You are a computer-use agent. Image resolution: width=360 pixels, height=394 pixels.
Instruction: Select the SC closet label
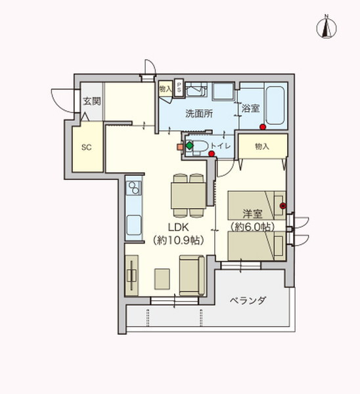click(x=86, y=147)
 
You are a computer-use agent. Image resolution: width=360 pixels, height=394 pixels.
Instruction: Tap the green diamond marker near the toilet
click(x=189, y=145)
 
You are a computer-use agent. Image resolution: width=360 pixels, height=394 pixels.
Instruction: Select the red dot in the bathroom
click(x=262, y=127)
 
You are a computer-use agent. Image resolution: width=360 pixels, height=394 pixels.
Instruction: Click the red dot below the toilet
click(x=212, y=154)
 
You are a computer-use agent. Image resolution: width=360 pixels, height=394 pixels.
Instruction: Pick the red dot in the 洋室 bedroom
click(x=282, y=206)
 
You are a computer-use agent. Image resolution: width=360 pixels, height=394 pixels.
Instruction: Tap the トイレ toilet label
click(x=221, y=146)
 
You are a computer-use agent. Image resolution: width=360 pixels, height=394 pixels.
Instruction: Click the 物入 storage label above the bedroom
click(x=262, y=146)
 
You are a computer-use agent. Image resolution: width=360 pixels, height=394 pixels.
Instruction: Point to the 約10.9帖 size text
click(x=178, y=240)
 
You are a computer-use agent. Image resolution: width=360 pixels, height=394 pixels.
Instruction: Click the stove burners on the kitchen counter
click(x=133, y=189)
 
